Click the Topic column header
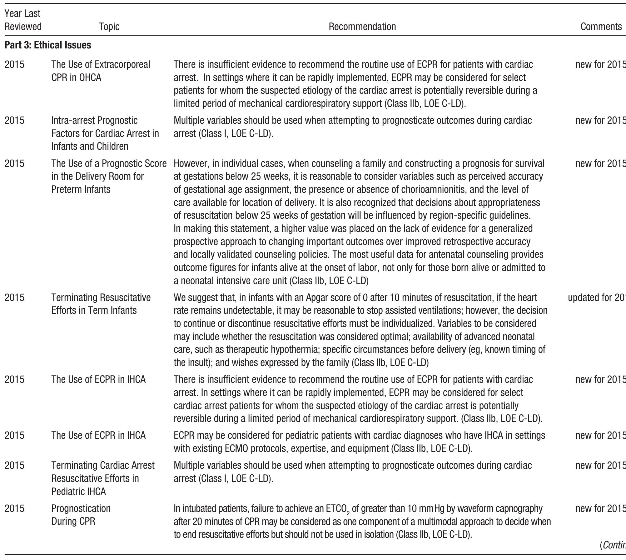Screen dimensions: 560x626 (x=109, y=27)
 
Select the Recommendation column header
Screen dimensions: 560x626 (x=362, y=27)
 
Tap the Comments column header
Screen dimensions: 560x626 (x=601, y=27)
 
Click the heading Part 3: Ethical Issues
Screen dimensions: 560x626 (x=48, y=45)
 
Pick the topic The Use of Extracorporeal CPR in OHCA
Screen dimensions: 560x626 (x=100, y=71)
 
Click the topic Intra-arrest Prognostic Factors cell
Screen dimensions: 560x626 (x=105, y=133)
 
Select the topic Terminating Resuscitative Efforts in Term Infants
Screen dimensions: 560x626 (x=101, y=304)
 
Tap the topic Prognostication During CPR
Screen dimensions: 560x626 (x=81, y=515)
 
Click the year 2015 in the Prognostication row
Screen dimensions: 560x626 (x=14, y=508)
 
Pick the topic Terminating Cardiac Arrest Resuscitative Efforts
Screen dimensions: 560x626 (x=102, y=478)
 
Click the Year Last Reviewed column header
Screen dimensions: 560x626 (x=23, y=20)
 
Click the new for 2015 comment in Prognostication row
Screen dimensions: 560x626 (x=600, y=508)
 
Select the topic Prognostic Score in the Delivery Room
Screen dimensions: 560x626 (x=109, y=177)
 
